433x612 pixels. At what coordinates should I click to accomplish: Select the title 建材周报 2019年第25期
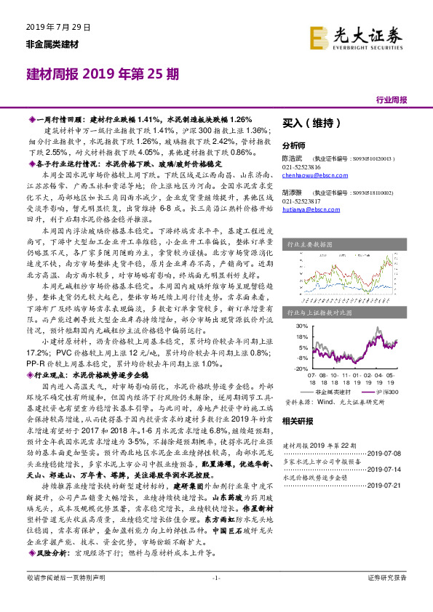click(100, 74)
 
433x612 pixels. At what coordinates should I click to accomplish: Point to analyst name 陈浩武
click(293, 157)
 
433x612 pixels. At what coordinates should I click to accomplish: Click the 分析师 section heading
click(294, 145)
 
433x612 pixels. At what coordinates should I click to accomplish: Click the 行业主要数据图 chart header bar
click(345, 246)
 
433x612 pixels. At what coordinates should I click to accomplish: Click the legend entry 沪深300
click(381, 390)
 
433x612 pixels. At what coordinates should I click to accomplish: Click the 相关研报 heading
click(298, 421)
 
